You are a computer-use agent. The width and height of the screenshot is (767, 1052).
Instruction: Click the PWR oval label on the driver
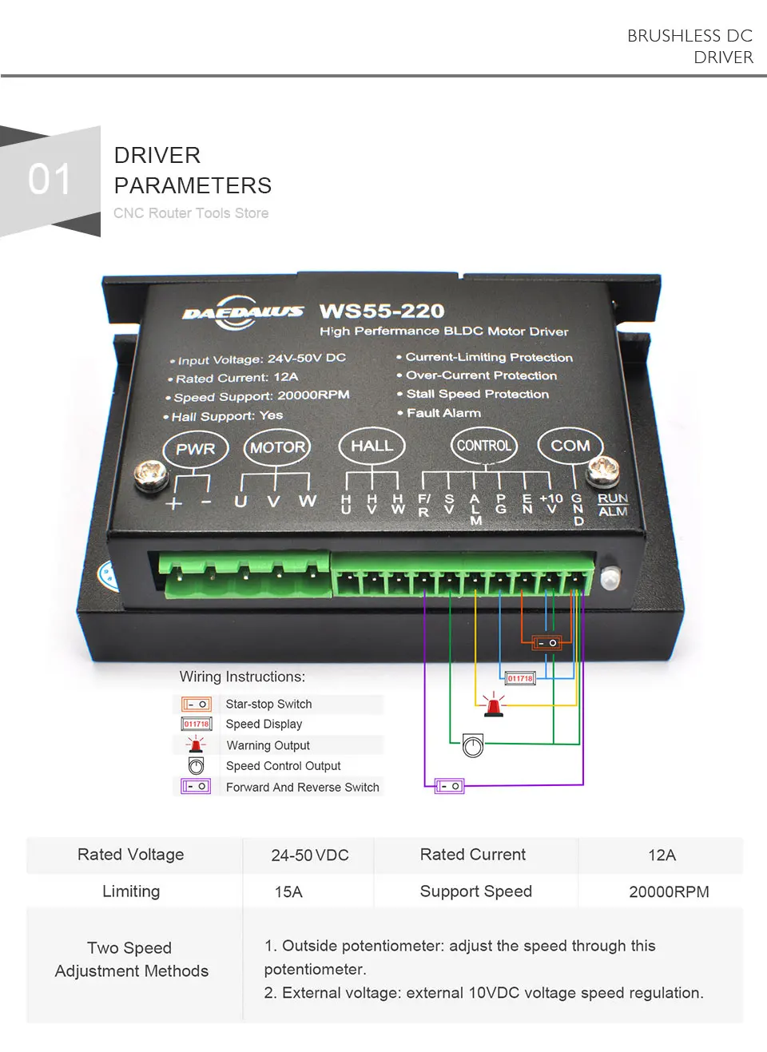(x=196, y=449)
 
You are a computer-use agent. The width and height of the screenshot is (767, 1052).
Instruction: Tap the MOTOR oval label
(x=277, y=447)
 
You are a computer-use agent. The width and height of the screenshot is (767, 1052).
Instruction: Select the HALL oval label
(x=372, y=446)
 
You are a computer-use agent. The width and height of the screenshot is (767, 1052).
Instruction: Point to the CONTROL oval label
(x=484, y=446)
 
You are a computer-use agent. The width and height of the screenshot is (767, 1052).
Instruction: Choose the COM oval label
(x=570, y=446)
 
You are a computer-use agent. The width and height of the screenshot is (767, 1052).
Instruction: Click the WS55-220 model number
(x=382, y=311)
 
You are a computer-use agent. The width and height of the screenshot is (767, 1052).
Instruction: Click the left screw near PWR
(x=149, y=476)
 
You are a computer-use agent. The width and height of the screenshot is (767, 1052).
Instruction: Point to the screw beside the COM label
(x=602, y=471)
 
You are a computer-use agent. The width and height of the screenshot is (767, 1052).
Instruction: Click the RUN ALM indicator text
(x=613, y=505)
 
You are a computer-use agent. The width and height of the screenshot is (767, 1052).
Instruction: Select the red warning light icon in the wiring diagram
(x=494, y=705)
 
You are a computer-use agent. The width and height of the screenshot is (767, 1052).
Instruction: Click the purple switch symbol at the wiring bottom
(x=449, y=786)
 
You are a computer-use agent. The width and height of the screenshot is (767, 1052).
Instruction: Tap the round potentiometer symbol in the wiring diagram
(x=473, y=746)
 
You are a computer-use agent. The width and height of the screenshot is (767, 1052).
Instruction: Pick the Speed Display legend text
(x=264, y=724)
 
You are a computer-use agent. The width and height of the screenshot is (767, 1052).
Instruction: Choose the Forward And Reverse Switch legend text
(x=302, y=787)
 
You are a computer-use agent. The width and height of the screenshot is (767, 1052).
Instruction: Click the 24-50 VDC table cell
(x=310, y=855)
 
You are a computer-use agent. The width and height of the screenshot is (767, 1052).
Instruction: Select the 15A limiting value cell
(x=288, y=891)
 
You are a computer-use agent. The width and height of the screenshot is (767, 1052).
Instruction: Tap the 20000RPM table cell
(x=669, y=891)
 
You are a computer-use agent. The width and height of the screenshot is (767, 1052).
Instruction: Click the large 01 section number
(x=50, y=179)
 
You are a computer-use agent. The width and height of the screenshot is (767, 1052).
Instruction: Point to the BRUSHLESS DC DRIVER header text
(x=690, y=46)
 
